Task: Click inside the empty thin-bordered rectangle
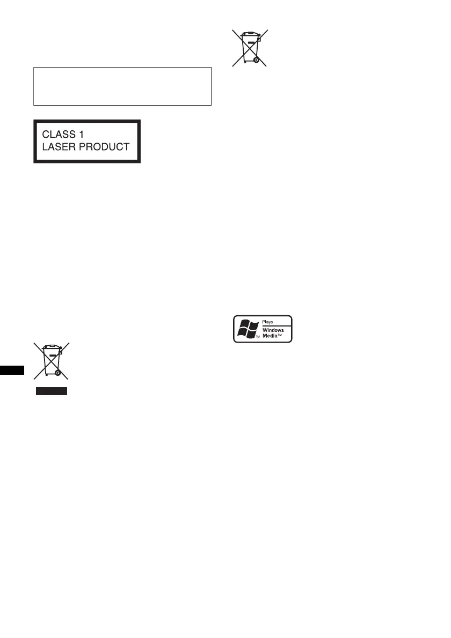coord(122,86)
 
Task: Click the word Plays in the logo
coord(267,322)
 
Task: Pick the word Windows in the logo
coord(273,330)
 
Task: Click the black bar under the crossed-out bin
coord(52,391)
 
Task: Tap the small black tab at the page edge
coord(12,370)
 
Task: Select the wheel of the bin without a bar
coord(256,61)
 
